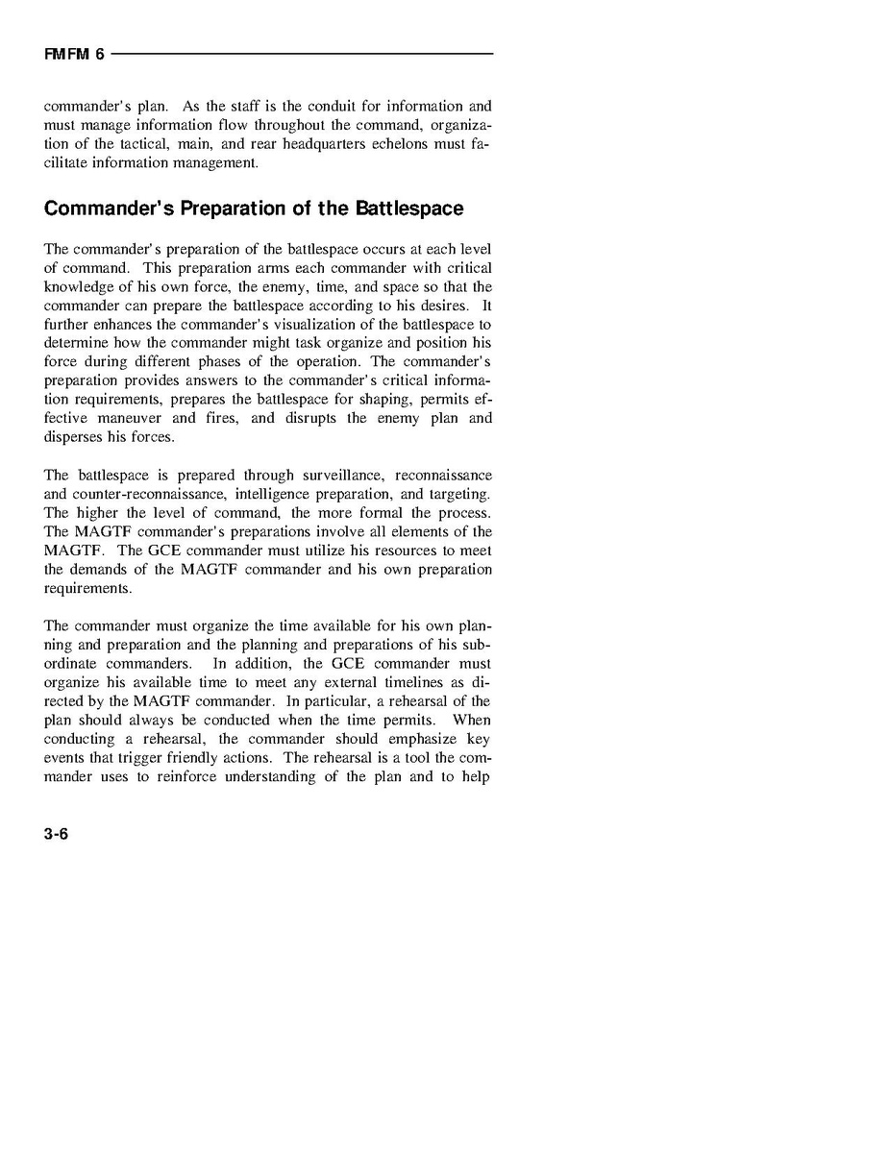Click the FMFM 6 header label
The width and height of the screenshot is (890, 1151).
pyautogui.click(x=74, y=55)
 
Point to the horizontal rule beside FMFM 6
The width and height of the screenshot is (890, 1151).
pyautogui.click(x=303, y=54)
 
